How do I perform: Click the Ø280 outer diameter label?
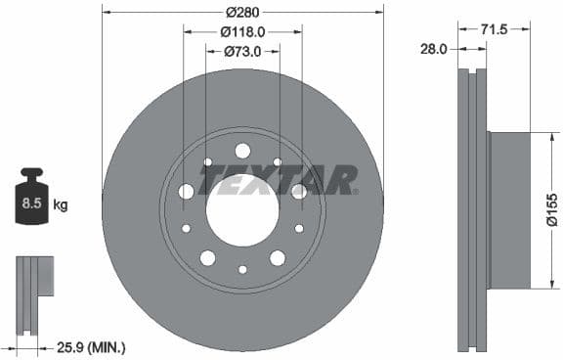[x=241, y=13]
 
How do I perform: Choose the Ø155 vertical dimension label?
[x=551, y=209]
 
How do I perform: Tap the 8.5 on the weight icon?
[x=30, y=205]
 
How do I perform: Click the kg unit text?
[x=60, y=205]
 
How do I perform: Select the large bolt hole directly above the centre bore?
[x=242, y=150]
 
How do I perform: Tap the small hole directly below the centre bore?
[x=242, y=270]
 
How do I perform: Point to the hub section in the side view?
[x=508, y=210]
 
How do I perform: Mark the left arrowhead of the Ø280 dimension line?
[x=105, y=13]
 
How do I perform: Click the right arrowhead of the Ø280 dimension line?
[x=380, y=13]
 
